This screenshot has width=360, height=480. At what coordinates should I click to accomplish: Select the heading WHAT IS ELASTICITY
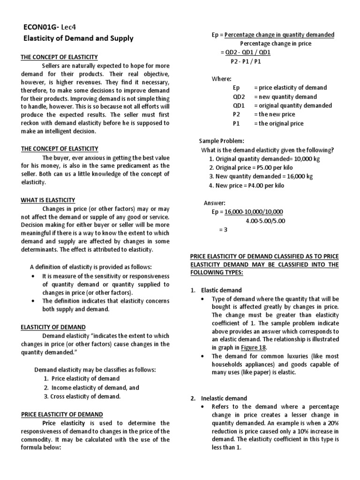point(48,200)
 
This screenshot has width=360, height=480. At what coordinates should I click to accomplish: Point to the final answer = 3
point(223,230)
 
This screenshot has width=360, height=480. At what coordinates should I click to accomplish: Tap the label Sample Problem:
point(221,141)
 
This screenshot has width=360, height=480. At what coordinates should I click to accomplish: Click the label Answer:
point(215,203)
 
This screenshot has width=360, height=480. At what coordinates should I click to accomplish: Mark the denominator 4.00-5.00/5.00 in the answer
point(265,221)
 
